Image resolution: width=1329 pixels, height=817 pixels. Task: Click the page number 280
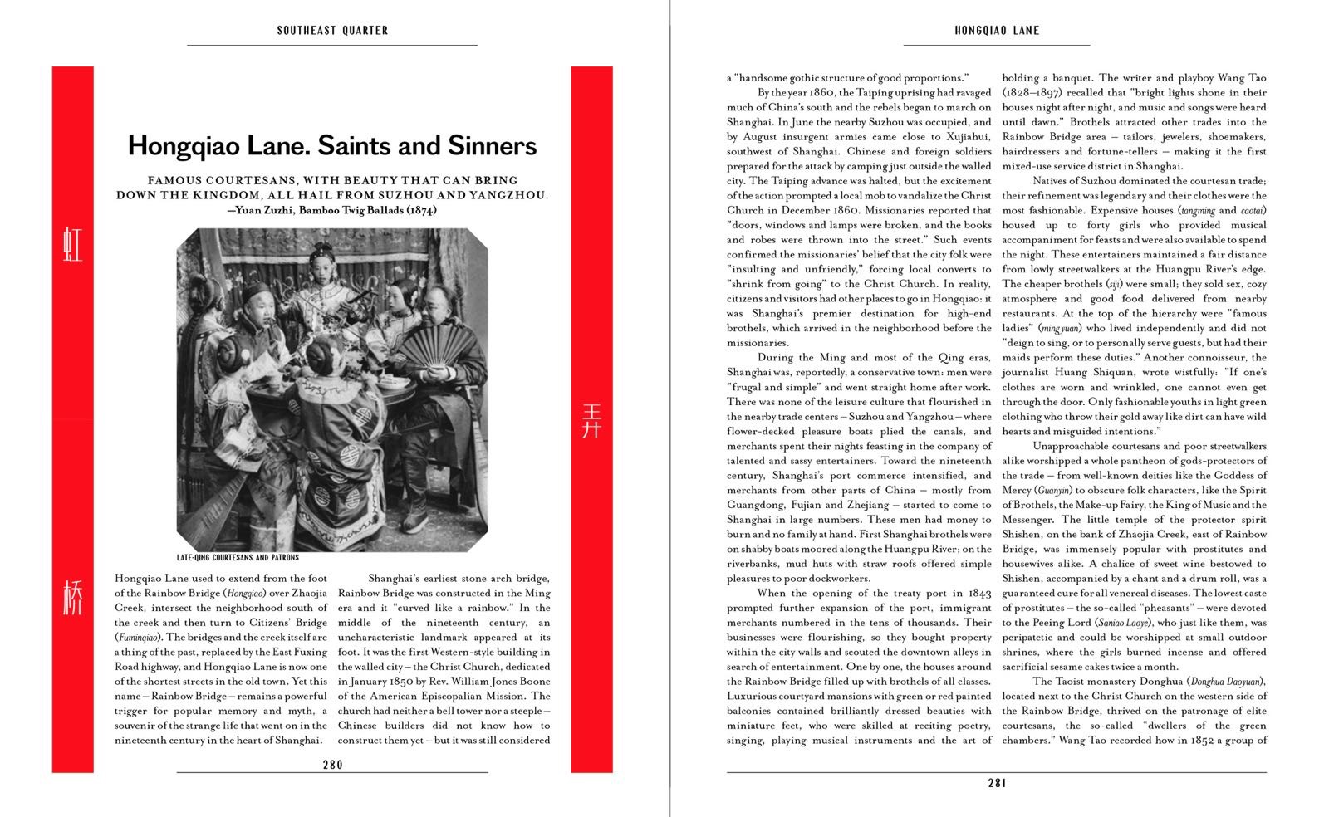coord(332,765)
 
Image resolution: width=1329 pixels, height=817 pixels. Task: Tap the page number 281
coord(997,782)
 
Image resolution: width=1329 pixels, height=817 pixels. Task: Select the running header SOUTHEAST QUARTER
coord(332,31)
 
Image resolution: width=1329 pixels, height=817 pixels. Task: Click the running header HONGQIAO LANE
coord(997,31)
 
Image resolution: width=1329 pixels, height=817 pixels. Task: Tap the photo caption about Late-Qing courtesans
coord(238,558)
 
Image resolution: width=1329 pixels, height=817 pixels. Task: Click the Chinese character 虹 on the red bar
coord(73,247)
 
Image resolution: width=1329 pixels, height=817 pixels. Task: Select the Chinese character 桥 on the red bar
coord(73,597)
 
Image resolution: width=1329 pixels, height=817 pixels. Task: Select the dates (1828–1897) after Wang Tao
coord(1032,93)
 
